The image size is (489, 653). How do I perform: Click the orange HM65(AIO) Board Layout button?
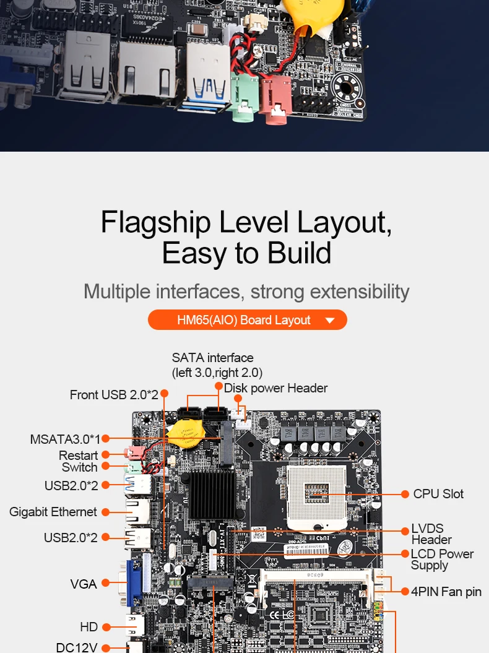247,320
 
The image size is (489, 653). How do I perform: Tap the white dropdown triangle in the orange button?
329,321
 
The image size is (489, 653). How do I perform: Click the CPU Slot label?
438,494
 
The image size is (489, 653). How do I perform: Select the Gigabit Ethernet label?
53,512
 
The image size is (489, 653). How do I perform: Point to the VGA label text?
84,583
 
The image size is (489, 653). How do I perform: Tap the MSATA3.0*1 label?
65,439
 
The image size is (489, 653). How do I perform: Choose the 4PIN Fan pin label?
446,592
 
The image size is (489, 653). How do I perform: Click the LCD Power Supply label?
442,560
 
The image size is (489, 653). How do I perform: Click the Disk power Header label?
275,388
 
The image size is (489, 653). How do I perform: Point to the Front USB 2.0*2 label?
114,394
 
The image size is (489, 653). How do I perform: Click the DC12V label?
77,647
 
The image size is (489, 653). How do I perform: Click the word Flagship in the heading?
155,223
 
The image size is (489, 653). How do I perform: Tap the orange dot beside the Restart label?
106,456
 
